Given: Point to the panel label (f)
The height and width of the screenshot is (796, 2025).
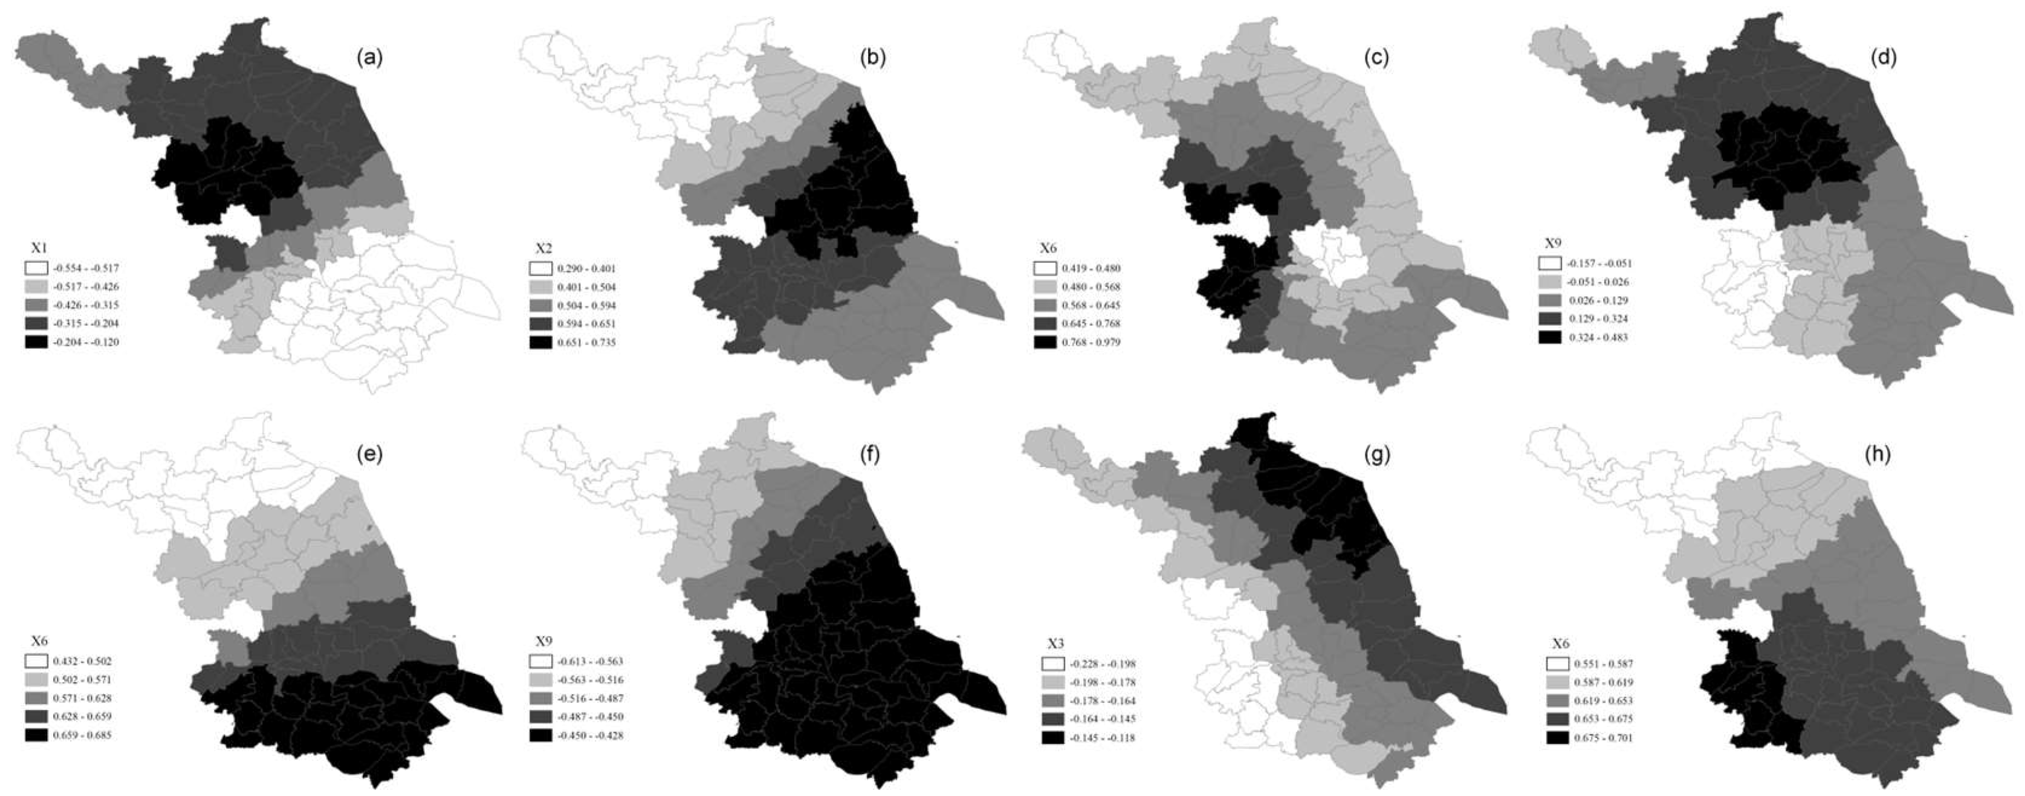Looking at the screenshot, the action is coord(874,455).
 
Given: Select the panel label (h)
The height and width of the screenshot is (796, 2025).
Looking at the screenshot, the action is coord(1884,455).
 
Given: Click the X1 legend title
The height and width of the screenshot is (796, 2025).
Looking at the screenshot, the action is coord(34,248).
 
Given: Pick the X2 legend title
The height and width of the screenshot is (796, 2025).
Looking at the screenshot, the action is coord(543,248).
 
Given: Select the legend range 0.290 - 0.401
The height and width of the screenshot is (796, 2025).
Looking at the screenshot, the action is coord(586,269).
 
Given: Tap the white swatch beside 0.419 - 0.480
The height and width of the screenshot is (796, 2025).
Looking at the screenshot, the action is coord(1045,269).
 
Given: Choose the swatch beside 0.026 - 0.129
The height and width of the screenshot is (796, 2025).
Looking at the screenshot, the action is coord(1549,300).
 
